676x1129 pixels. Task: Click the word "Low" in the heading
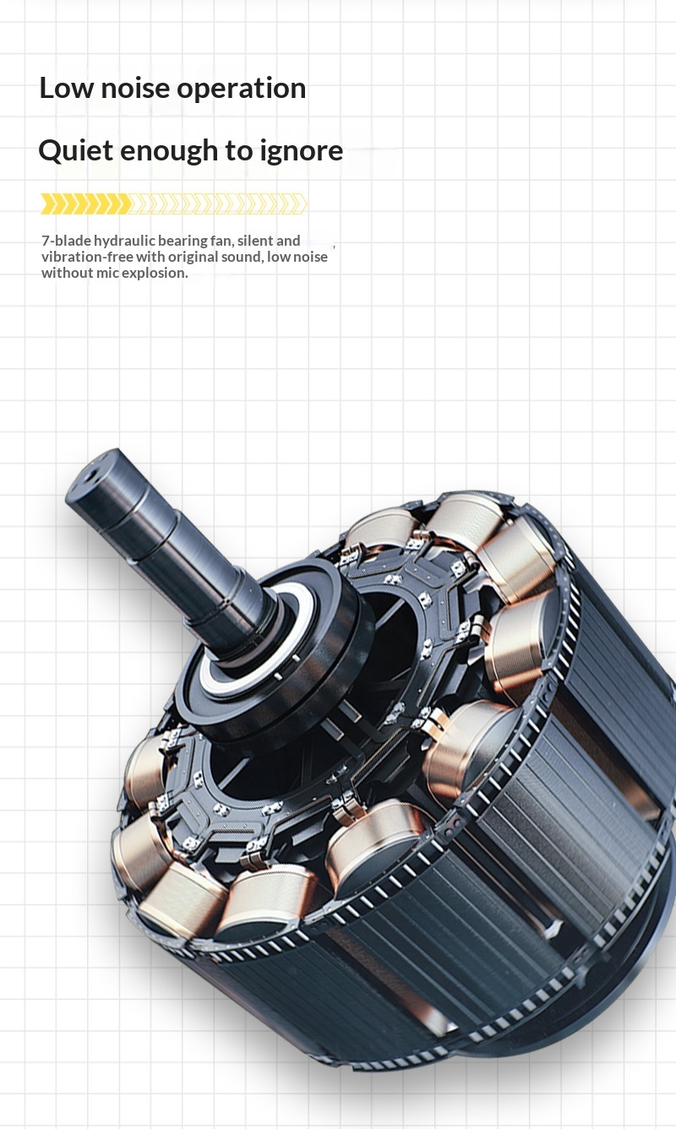click(x=66, y=88)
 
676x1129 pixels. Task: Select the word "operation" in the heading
click(x=241, y=90)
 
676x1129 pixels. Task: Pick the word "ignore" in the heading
click(x=301, y=152)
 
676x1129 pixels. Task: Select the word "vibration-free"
click(x=87, y=257)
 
